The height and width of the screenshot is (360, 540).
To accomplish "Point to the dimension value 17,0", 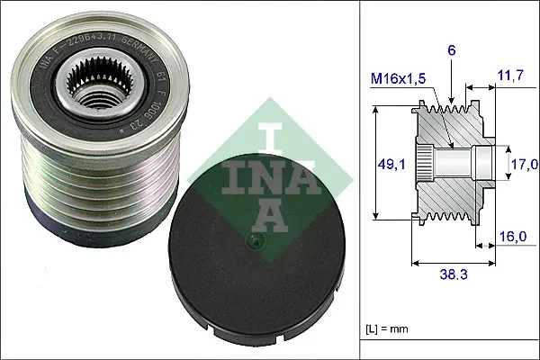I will tap(525, 164).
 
